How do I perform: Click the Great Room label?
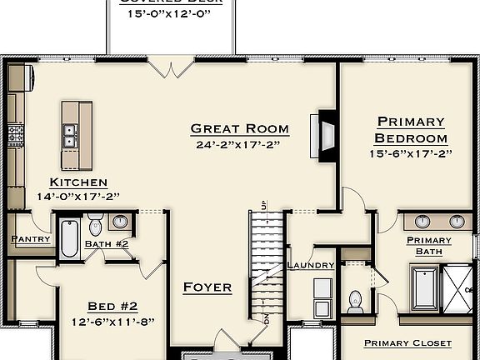[x=239, y=128]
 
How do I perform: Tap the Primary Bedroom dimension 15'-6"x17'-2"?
[x=410, y=154]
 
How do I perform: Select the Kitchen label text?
[x=78, y=182]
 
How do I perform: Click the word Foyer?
[x=207, y=287]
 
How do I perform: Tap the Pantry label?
[x=32, y=239]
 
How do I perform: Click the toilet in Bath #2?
[x=95, y=226]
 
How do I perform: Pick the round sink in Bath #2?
[x=122, y=222]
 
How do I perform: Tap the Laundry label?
[x=311, y=265]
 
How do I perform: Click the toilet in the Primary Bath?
[x=356, y=299]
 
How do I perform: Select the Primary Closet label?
[x=408, y=342]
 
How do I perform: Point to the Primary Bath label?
[x=429, y=246]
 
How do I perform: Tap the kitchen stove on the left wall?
[x=14, y=132]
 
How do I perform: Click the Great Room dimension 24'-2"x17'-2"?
[x=239, y=144]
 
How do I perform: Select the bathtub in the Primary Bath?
[x=425, y=287]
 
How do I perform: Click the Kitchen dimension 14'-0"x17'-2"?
[x=78, y=197]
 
